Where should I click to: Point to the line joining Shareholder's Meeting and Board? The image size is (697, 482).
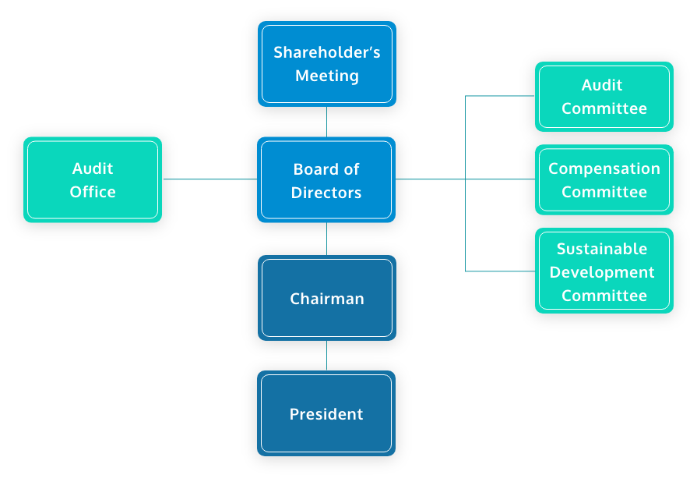tap(326, 122)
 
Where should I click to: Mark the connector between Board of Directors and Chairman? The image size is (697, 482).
tap(326, 239)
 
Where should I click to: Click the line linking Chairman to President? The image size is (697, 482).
tap(326, 355)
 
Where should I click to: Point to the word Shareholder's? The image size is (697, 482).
tap(326, 53)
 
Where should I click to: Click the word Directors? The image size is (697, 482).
tap(326, 193)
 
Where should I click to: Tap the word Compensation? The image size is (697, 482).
tap(604, 168)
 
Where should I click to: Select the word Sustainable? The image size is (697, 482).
tap(602, 249)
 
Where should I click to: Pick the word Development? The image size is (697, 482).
tap(602, 272)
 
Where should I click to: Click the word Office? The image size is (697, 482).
tap(93, 192)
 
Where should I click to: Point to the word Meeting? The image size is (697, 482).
tap(326, 76)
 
